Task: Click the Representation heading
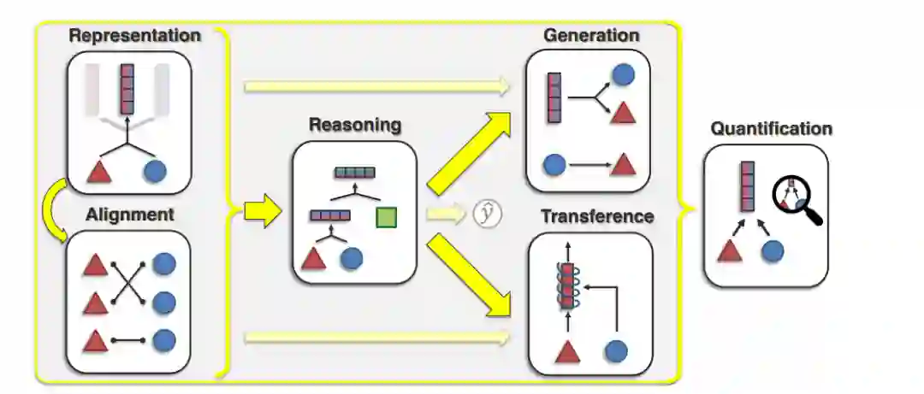pyautogui.click(x=134, y=36)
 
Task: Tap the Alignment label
pyautogui.click(x=129, y=215)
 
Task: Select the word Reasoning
pyautogui.click(x=354, y=126)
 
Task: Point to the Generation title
pyautogui.click(x=590, y=36)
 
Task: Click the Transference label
pyautogui.click(x=596, y=216)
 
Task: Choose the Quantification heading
pyautogui.click(x=771, y=129)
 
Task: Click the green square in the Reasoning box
pyautogui.click(x=387, y=218)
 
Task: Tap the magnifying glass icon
pyautogui.click(x=797, y=199)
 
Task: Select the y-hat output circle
pyautogui.click(x=487, y=214)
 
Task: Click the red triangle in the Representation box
pyautogui.click(x=100, y=171)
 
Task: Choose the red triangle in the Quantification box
pyautogui.click(x=729, y=251)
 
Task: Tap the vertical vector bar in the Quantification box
pyautogui.click(x=747, y=186)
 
